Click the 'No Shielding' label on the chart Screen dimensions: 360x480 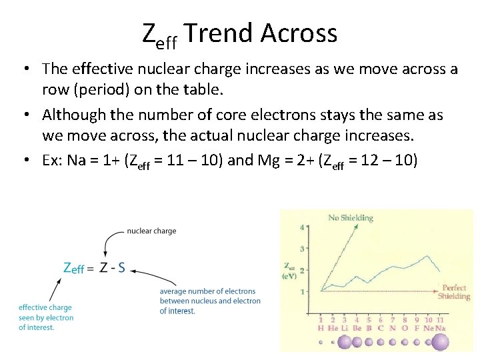[351, 217]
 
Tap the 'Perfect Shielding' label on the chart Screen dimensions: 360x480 [454, 293]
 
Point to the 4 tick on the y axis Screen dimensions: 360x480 [301, 227]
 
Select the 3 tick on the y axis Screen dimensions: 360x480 [301, 249]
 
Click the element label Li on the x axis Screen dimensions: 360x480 [345, 328]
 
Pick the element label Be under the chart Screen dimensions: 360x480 [357, 328]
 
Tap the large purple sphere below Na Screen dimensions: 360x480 [441, 343]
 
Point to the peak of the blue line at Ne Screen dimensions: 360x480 [427, 255]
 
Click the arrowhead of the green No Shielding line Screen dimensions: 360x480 [355, 226]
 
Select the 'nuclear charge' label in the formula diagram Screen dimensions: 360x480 [151, 231]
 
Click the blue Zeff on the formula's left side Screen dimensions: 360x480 [73, 269]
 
